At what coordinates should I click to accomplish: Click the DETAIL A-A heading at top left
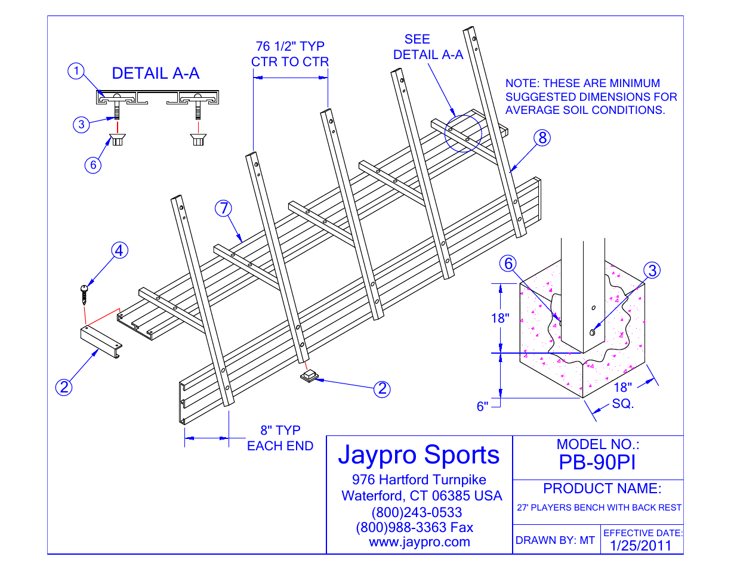point(155,73)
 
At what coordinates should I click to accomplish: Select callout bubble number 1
point(76,72)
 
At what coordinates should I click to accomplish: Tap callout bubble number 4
point(119,251)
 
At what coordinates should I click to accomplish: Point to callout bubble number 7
point(224,208)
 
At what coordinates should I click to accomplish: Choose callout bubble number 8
point(542,138)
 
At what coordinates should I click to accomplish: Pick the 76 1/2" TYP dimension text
point(290,47)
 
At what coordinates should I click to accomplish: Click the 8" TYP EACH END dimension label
point(280,438)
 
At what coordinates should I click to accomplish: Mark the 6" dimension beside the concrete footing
point(482,406)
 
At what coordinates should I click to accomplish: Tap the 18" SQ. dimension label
point(622,395)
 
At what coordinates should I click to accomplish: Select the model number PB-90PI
point(597,462)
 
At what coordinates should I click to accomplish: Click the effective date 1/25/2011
point(640,545)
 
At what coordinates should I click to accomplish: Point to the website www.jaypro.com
point(420,542)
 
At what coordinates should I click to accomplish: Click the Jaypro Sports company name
point(419,454)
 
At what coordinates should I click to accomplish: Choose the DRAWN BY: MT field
point(555,540)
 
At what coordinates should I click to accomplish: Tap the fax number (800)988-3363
point(414,527)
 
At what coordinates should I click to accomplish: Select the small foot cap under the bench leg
point(309,376)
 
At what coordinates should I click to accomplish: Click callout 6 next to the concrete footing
point(508,264)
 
